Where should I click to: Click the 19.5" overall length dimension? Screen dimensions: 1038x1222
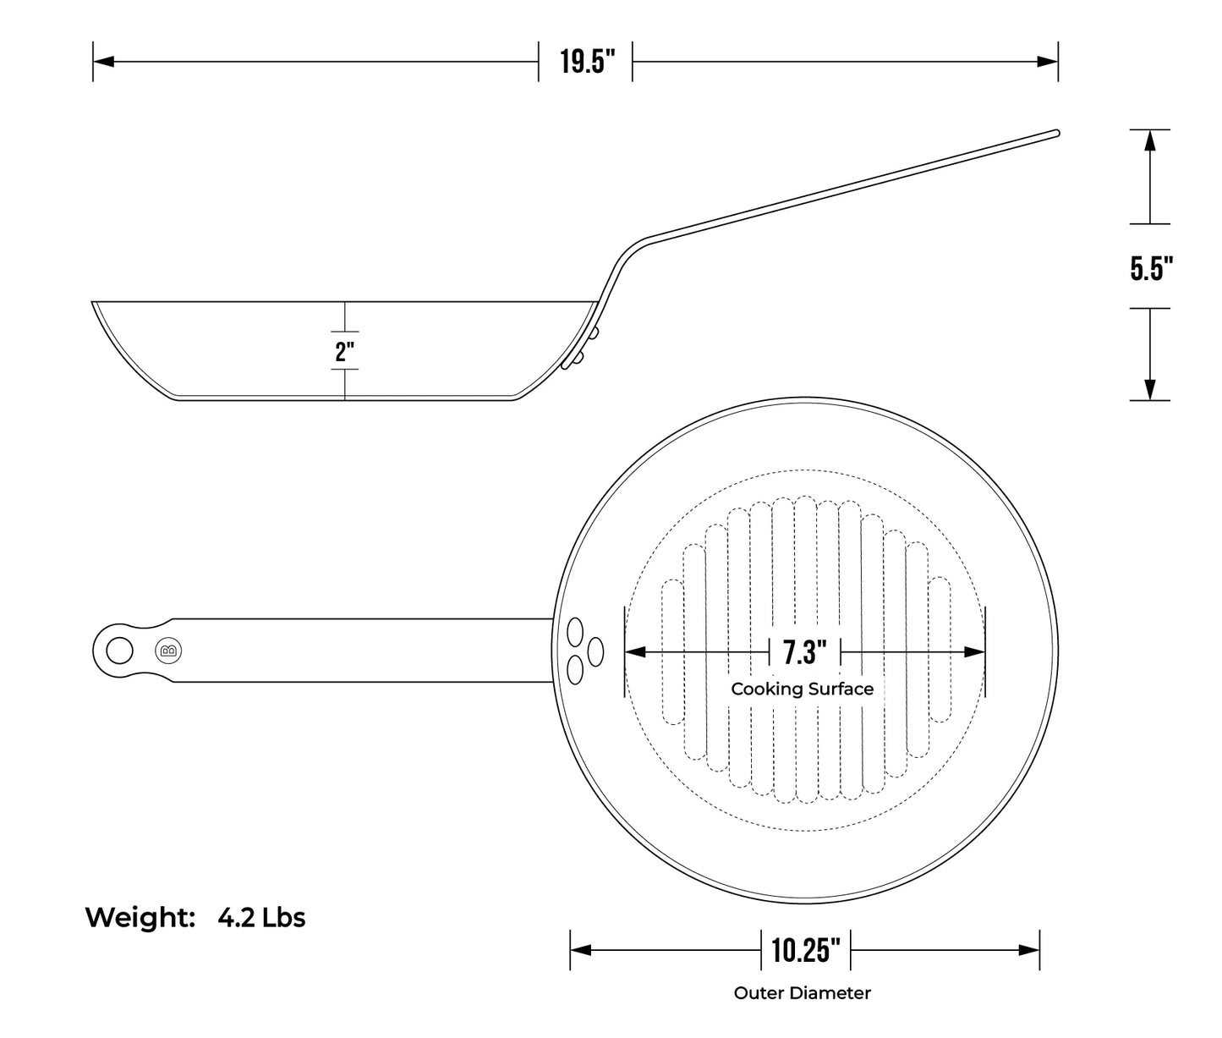pos(585,62)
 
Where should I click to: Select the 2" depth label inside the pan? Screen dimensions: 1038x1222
pos(345,350)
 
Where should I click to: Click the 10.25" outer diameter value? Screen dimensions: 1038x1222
pos(805,950)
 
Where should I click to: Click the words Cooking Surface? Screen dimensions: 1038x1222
pos(802,689)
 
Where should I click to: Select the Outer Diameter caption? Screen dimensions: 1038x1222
pos(802,993)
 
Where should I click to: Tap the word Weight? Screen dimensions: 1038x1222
pos(140,917)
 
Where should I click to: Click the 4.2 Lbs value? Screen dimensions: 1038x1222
pos(261,917)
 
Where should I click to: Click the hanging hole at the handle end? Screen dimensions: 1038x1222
pos(119,651)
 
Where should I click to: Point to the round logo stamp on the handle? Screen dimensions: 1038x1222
pos(169,651)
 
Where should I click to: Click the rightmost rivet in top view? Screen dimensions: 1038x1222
pos(595,651)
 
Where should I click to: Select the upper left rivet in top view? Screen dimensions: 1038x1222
pos(575,631)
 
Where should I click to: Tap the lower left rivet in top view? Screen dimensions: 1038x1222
pos(575,670)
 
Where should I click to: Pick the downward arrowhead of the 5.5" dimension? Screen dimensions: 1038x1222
pos(1149,390)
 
